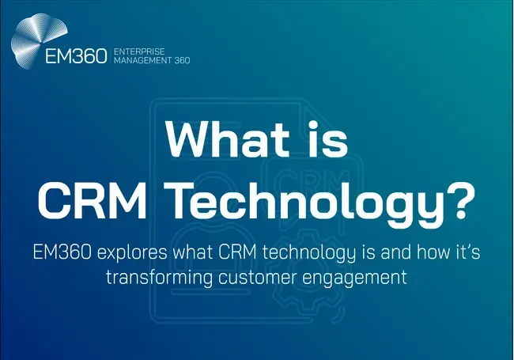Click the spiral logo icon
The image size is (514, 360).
36,44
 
